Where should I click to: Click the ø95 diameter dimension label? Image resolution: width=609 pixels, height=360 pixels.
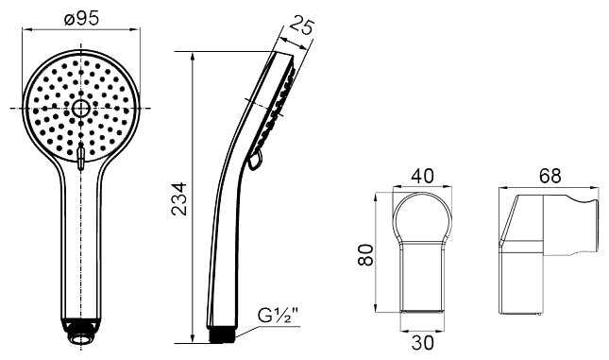81,18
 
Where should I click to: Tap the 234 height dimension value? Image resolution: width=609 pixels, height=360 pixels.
179,199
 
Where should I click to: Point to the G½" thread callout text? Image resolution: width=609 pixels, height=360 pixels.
279,315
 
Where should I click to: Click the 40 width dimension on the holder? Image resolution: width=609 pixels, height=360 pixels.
422,176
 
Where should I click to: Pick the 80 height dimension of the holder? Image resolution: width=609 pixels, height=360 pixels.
365,254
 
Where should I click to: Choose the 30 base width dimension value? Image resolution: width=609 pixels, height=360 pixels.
422,343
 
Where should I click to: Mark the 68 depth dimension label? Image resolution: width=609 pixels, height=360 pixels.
550,176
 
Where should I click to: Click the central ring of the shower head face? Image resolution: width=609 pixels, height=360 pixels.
81,108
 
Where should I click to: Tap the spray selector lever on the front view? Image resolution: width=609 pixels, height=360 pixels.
81,156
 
